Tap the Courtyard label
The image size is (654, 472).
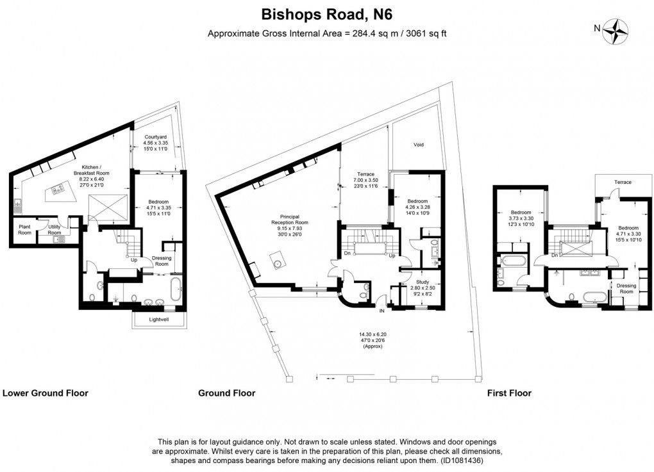[x=156, y=136]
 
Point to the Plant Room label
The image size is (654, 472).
[x=24, y=229]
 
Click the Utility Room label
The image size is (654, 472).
[x=55, y=230]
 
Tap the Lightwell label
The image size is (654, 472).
[x=160, y=318]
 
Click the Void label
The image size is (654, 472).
[x=418, y=145]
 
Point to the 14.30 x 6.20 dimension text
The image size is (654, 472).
[x=372, y=334]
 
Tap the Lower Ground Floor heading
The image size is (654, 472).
[x=46, y=393]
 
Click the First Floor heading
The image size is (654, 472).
[x=508, y=393]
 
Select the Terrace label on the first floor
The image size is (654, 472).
[x=623, y=183]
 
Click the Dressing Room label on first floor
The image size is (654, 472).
[x=625, y=288]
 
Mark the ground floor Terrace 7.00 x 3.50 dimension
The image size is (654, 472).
[x=366, y=181]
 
